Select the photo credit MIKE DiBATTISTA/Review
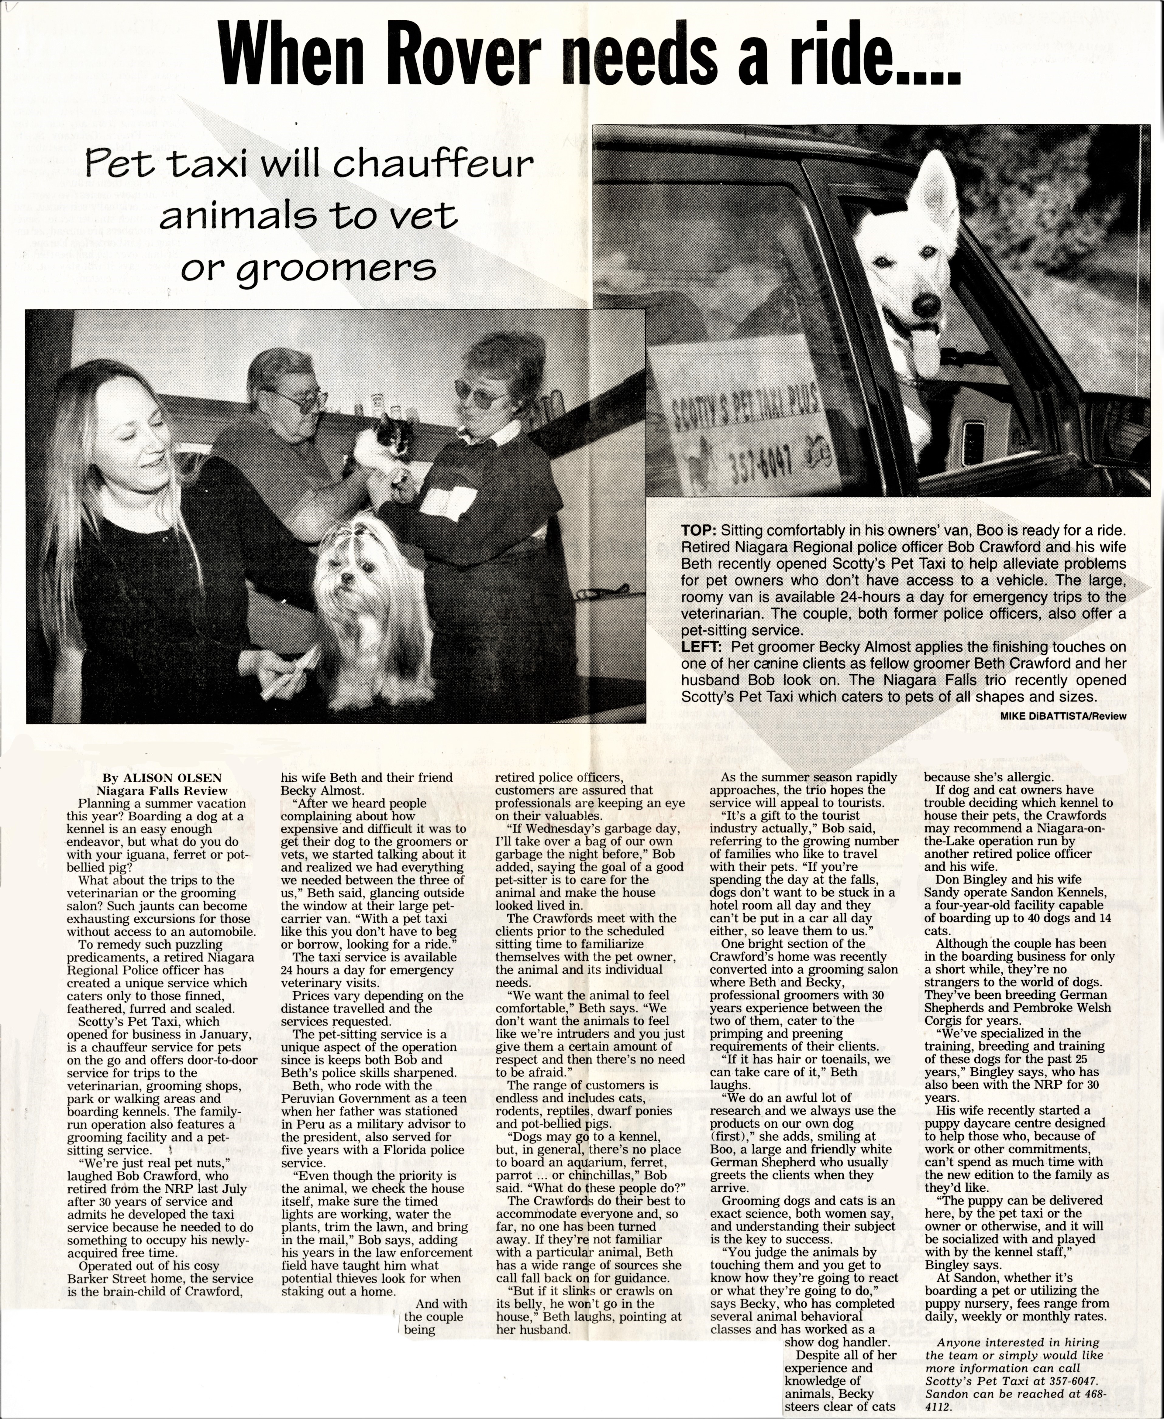click(x=1063, y=716)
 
